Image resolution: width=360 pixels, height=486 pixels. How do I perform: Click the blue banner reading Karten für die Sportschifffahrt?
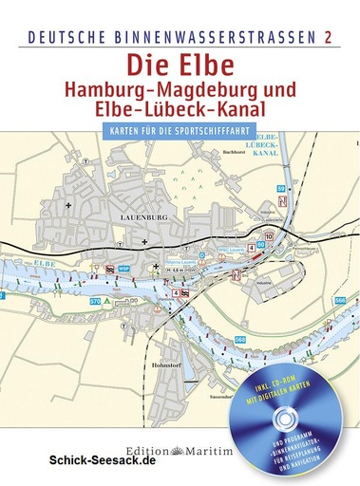tap(180, 130)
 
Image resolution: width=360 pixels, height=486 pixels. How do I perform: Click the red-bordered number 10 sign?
tap(269, 236)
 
